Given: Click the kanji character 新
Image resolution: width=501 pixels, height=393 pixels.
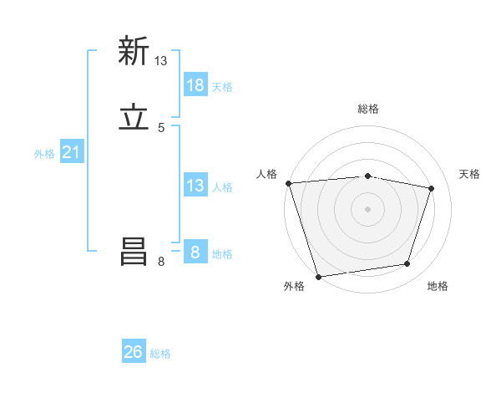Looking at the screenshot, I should [134, 51].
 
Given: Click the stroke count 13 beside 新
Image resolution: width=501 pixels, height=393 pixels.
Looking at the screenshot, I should [161, 61].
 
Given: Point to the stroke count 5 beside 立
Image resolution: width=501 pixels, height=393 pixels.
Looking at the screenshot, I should [161, 128].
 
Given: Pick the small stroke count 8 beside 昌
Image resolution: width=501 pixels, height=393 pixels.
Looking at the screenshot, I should [161, 263].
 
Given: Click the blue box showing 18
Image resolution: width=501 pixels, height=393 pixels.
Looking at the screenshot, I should [195, 85].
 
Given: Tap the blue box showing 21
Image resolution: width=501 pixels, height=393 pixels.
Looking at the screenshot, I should [71, 152].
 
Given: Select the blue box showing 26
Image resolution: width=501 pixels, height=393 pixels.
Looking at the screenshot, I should [134, 352].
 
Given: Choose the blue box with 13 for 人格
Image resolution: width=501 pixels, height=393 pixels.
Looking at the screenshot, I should [195, 186].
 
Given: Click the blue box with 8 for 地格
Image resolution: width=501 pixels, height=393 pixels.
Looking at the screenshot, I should [195, 253].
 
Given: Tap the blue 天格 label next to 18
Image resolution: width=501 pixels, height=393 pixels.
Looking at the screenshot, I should [222, 86].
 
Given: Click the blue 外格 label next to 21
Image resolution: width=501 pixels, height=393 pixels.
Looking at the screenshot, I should [44, 153].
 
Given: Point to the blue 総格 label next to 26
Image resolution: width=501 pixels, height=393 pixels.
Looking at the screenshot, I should [160, 353].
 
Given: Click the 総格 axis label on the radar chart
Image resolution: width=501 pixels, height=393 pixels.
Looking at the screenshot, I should [368, 109].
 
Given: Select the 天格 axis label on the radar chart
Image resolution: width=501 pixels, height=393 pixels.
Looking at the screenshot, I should [470, 174].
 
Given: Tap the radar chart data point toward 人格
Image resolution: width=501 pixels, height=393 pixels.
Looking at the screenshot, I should [288, 183].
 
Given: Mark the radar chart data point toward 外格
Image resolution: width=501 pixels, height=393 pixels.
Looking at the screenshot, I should [318, 276].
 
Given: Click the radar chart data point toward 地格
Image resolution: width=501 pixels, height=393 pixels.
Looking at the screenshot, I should [407, 264].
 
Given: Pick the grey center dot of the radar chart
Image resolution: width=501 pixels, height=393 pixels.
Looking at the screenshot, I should [368, 209].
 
